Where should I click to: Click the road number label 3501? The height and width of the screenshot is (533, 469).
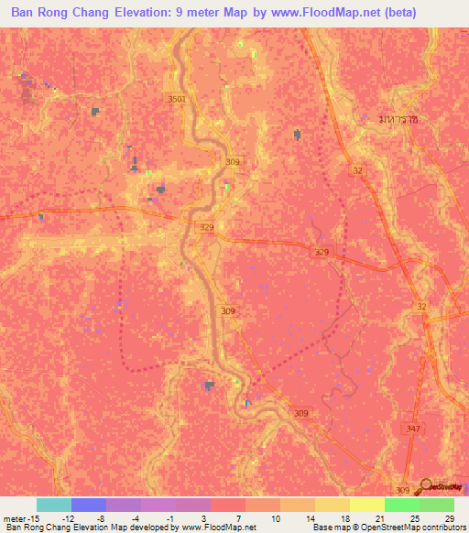[x=177, y=99]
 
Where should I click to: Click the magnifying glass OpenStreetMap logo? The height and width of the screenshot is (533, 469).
[x=425, y=485]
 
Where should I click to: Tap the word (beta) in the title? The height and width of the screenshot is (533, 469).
[x=389, y=12]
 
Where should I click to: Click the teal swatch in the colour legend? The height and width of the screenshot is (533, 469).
[x=54, y=506]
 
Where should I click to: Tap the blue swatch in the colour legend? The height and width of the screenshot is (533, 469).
[x=89, y=506]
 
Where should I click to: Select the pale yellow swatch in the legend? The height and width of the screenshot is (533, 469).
[x=367, y=506]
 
